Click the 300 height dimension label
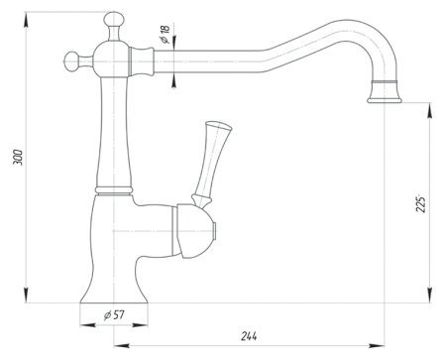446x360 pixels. [x=18, y=158]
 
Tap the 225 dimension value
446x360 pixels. [x=420, y=204]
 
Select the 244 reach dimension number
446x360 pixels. [x=249, y=336]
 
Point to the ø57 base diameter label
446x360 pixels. [x=114, y=315]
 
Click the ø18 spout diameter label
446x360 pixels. [x=165, y=34]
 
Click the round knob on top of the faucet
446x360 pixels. [x=114, y=19]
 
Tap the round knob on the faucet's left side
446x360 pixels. [x=71, y=61]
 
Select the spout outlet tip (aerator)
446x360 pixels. [x=385, y=92]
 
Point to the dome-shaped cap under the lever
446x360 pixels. [x=194, y=231]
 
